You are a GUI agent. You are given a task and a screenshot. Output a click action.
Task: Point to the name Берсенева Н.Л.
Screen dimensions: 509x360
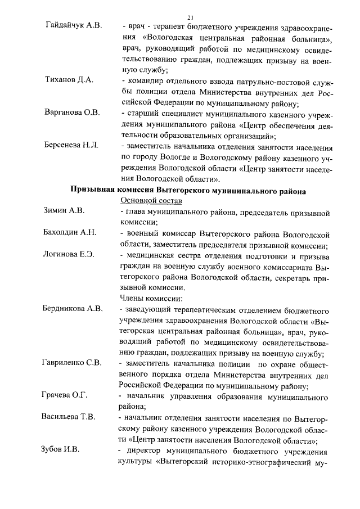pos(71,145)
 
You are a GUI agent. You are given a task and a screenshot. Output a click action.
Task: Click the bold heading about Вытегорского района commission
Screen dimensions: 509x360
pos(188,191)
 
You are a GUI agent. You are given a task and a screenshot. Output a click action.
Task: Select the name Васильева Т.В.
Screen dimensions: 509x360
pos(69,417)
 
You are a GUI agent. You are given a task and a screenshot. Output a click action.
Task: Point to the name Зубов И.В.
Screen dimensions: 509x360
pos(60,450)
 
